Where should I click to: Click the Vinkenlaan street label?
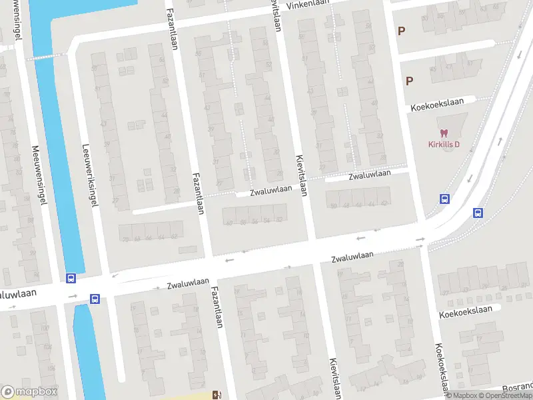click(309, 5)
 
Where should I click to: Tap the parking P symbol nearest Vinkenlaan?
click(401, 31)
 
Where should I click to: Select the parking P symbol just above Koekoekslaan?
click(409, 81)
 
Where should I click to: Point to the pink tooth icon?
click(444, 133)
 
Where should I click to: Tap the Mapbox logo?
click(29, 391)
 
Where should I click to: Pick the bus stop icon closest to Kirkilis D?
click(444, 199)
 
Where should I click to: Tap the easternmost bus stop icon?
click(478, 213)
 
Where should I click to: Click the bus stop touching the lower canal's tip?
click(95, 299)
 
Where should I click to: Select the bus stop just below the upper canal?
click(71, 277)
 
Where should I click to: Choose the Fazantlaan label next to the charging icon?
click(216, 307)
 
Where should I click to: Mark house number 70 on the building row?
click(125, 239)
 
